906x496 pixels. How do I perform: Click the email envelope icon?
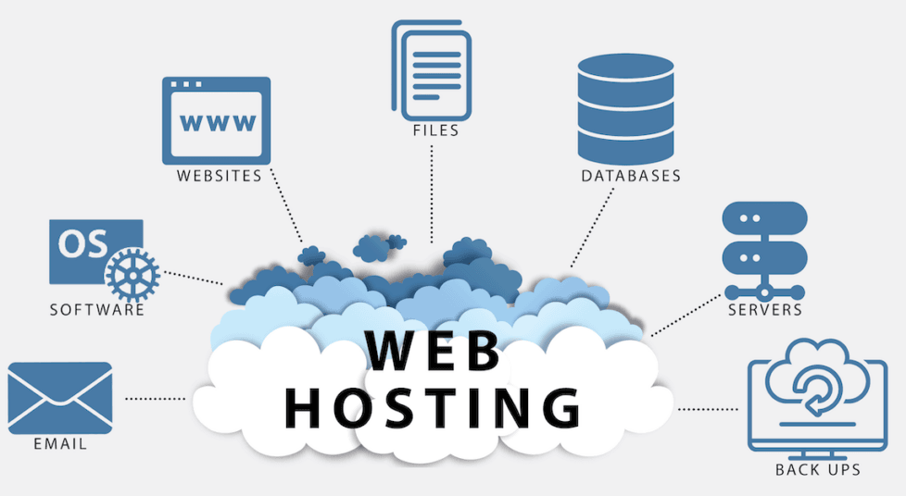pos(59,396)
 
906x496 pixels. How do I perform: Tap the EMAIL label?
pos(60,444)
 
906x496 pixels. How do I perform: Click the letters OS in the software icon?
pos(82,243)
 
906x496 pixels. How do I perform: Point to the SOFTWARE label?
pos(97,310)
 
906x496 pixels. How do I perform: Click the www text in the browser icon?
pos(217,121)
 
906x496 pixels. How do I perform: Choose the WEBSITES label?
pos(220,176)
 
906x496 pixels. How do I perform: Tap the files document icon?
pos(432,68)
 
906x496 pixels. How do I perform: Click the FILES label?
pos(435,131)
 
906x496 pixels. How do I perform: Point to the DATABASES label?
pos(631,176)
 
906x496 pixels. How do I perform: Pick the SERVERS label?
pos(764,309)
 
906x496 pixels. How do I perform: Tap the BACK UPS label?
pos(818,470)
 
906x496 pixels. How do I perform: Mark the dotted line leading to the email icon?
pos(156,399)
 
